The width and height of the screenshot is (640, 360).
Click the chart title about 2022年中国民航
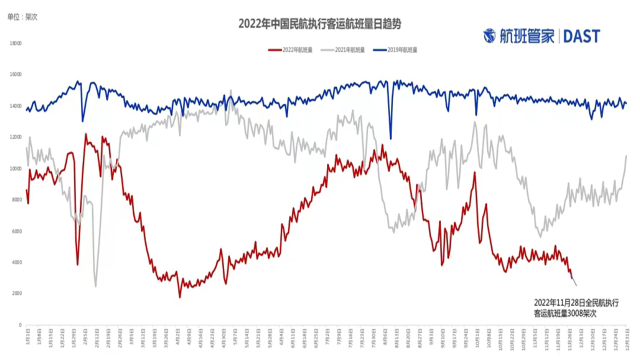coord(319,23)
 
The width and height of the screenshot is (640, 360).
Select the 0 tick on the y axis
coord(20,324)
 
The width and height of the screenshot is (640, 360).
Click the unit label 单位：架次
coord(22,16)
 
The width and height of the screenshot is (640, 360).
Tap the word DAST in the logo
coord(581,36)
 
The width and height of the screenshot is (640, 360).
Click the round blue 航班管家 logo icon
coord(489,36)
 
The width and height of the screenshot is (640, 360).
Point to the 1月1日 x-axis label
coord(26,333)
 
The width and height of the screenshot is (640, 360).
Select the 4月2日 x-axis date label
coord(178,333)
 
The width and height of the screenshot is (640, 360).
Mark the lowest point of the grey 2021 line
coord(95,286)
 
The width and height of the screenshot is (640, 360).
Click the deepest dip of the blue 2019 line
coord(390,139)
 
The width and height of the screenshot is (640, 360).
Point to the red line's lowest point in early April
coord(180,297)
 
